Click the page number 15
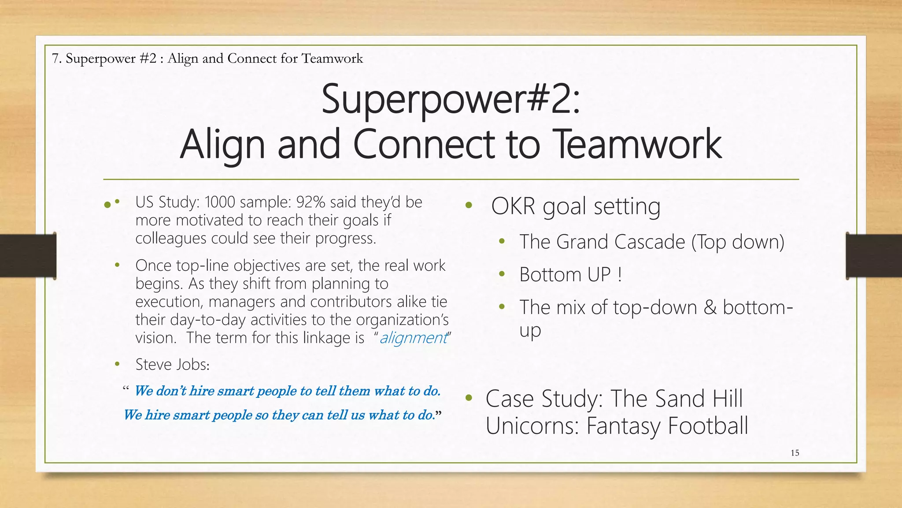pos(795,453)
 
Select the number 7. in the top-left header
pos(56,58)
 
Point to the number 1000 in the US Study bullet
pos(220,202)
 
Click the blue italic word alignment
pos(413,338)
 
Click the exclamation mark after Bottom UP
pos(620,275)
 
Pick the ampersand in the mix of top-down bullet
pos(710,307)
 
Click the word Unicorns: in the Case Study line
pos(532,426)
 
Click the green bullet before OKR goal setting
pos(469,205)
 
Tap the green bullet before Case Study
pos(469,398)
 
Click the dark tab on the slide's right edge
pos(874,256)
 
